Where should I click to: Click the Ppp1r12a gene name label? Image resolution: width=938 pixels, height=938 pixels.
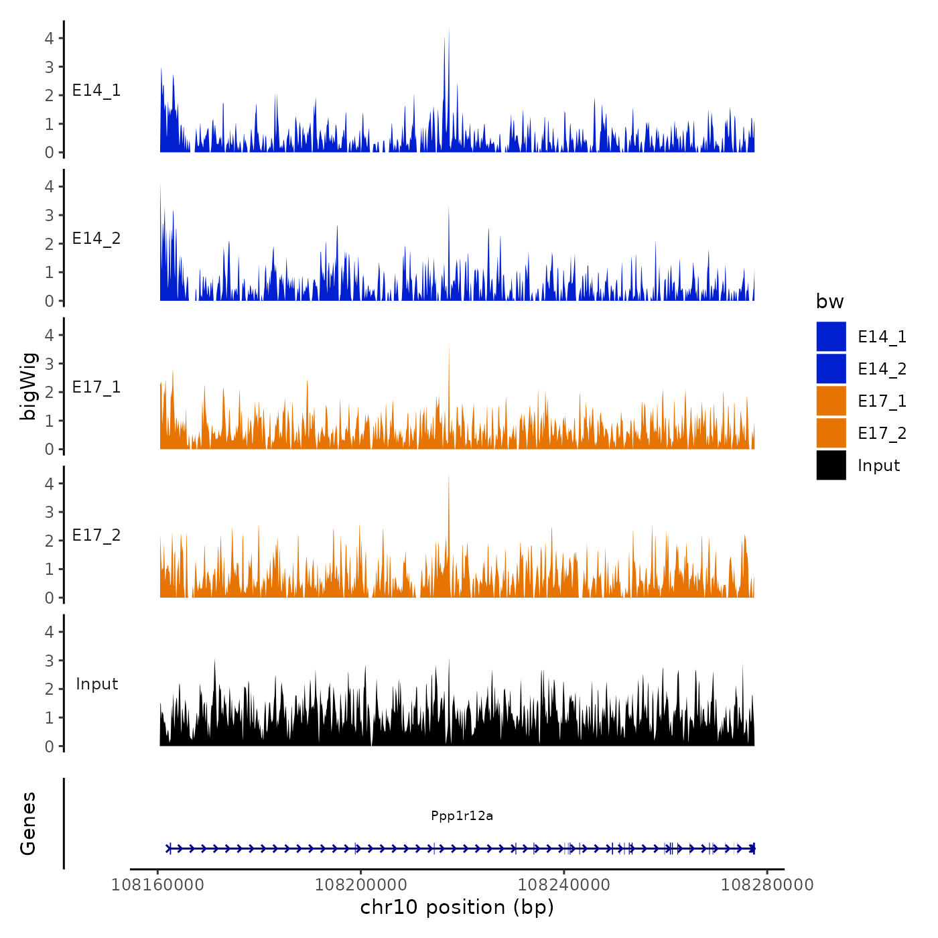[462, 815]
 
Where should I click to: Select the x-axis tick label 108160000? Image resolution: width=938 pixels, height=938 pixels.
[157, 885]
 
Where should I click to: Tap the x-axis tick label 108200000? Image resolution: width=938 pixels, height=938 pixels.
[360, 885]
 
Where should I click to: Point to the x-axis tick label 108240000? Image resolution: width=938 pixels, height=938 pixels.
[563, 885]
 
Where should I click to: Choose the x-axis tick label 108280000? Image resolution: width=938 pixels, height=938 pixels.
[766, 885]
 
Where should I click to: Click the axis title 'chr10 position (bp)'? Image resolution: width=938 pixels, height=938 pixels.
[457, 907]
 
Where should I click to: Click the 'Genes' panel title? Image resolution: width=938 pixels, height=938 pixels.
[28, 823]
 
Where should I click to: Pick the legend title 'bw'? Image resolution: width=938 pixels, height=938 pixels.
[829, 302]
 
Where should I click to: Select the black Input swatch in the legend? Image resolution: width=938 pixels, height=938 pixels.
[831, 465]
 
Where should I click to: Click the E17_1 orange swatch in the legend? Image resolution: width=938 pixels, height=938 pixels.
[831, 401]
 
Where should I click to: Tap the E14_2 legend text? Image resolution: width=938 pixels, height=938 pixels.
[882, 369]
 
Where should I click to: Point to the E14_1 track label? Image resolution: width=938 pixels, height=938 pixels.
[96, 90]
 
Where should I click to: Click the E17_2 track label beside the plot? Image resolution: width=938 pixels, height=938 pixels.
[96, 535]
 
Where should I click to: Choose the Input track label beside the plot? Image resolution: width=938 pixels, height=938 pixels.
[96, 684]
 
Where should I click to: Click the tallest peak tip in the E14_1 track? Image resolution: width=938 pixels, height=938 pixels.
[449, 29]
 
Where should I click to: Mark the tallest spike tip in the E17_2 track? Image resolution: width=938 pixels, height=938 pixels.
[449, 475]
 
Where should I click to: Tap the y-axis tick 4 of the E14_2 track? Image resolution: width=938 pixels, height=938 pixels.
[50, 187]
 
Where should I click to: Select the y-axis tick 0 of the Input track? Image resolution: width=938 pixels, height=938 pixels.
[50, 746]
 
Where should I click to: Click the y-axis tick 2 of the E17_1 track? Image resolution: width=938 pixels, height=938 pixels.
[50, 393]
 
